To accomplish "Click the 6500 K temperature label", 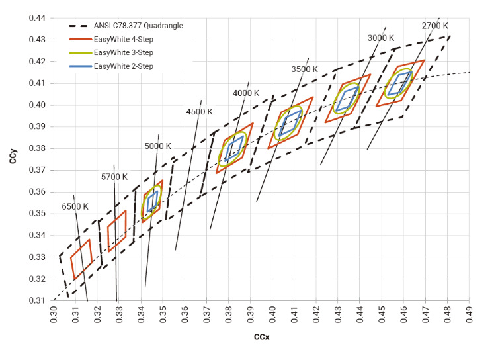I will pos(75,206).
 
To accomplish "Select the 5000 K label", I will pos(158,146).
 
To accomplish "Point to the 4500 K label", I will pos(200,112).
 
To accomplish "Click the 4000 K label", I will pos(246,93).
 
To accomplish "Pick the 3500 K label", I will pos(304,69).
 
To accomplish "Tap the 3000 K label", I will pos(381,38).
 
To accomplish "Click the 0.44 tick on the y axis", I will pos(37,18).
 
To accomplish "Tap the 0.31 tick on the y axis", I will pos(37,300).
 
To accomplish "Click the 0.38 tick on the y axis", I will pos(37,148).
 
